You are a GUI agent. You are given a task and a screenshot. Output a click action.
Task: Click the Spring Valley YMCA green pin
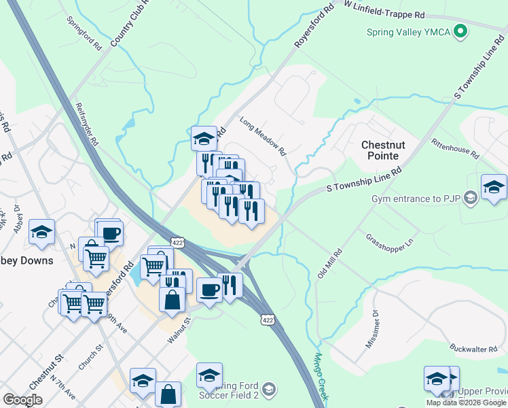[460, 31]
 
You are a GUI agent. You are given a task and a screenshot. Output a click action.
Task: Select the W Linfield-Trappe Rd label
[384, 14]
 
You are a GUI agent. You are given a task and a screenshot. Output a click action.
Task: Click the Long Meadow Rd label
[264, 135]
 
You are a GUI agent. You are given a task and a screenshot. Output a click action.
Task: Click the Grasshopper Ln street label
[390, 240]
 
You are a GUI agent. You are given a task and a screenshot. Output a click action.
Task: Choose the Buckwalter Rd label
[475, 348]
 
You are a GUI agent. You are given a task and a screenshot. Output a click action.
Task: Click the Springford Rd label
[84, 35]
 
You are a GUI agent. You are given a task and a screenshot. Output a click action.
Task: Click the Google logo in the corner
[22, 400]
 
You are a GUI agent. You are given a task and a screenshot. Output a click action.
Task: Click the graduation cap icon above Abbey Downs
[41, 233]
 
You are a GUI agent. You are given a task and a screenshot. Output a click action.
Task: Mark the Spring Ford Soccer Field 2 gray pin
[269, 389]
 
